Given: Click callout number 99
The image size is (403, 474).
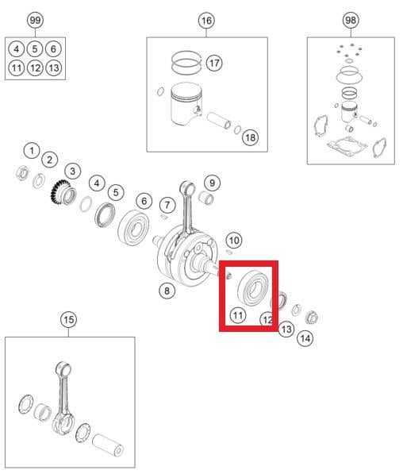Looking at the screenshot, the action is point(35,21).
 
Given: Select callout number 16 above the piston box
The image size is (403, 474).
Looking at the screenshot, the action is point(206,21).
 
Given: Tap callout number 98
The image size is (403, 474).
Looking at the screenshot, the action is point(351,21).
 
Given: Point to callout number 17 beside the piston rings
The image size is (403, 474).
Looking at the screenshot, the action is point(214,64).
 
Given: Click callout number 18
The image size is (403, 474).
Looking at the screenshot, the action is point(251,138).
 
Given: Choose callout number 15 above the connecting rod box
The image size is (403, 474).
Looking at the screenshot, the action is point(68,319).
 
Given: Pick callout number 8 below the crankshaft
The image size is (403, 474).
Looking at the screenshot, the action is point(167,291).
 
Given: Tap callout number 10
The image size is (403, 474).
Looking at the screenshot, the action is point(234,241).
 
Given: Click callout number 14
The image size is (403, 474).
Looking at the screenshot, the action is point(305,338).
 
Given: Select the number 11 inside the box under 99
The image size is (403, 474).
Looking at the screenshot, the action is point(17,67).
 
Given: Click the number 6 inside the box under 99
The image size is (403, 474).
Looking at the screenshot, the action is point(53,49).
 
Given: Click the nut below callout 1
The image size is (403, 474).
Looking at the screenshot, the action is point(23,173).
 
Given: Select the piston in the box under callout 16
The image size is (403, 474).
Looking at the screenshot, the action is point(186,104).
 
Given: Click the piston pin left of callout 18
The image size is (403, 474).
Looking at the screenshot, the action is point(219,121).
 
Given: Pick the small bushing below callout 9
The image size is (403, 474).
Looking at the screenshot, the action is point(206,198).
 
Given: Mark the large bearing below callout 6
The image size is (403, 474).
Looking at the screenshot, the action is point(133,228).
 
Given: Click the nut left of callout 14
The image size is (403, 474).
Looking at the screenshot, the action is point(312,318).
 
